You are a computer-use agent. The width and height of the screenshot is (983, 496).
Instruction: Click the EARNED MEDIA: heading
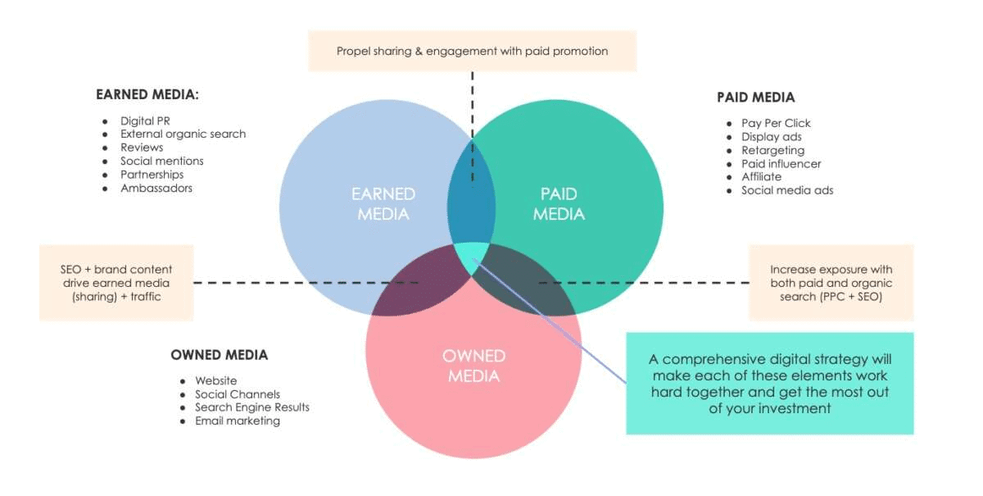(147, 94)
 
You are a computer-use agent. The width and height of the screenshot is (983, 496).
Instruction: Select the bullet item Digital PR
(145, 121)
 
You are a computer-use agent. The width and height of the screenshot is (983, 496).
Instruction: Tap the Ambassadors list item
(156, 188)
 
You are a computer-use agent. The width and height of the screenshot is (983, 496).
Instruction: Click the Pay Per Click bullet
(776, 123)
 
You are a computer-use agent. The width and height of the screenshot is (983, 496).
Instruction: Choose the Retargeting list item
(772, 150)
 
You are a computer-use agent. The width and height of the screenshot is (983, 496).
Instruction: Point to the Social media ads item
(787, 190)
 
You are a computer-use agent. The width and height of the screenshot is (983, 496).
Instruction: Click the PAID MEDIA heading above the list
(755, 98)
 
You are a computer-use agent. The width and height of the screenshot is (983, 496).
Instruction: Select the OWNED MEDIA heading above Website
(219, 355)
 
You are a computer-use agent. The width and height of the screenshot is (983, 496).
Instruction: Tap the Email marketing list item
(237, 421)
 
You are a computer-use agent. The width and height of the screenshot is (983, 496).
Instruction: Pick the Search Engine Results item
(251, 407)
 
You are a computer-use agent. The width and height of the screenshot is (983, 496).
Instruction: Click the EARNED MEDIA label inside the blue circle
(383, 204)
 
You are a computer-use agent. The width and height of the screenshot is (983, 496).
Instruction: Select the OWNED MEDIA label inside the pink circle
(473, 366)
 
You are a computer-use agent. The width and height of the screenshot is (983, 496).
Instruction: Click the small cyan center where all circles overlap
(472, 256)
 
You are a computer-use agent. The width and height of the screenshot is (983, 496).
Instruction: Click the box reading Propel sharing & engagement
(472, 51)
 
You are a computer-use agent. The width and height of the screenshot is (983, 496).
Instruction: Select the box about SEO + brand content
(116, 283)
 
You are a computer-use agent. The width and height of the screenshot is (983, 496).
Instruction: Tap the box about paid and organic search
(831, 283)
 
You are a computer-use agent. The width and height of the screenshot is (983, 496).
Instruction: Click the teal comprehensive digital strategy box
(769, 383)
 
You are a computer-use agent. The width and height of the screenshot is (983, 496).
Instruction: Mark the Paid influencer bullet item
(781, 163)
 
